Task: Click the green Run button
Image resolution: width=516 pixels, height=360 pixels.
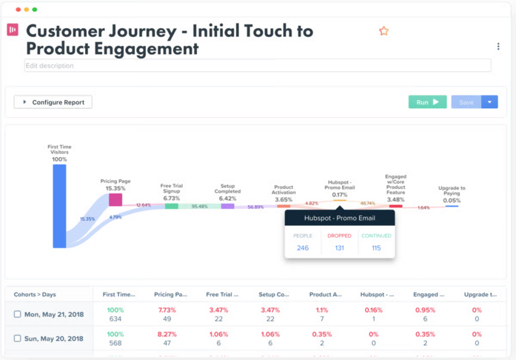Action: click(427, 102)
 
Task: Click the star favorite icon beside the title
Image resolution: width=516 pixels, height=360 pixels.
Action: click(383, 31)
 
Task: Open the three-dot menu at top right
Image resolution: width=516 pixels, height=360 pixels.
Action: click(498, 47)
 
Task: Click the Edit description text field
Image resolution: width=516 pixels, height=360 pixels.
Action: click(257, 66)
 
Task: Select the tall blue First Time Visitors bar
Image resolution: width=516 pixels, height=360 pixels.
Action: click(59, 206)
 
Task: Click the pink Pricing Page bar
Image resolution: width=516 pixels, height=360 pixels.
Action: click(115, 199)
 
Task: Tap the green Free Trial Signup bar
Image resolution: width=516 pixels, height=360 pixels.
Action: click(171, 206)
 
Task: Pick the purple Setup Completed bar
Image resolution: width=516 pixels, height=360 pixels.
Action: click(227, 206)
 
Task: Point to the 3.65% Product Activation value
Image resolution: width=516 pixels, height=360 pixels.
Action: click(284, 199)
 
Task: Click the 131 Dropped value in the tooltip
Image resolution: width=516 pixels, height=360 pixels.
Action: click(339, 248)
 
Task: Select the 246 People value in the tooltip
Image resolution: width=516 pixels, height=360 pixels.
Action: click(303, 248)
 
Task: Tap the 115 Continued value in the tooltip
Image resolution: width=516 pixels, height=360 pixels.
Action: click(376, 248)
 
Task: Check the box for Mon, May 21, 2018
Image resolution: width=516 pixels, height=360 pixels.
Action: click(18, 314)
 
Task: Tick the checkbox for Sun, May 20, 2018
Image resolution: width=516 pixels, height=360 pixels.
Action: click(18, 339)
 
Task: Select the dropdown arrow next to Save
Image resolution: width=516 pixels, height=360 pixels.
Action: click(489, 102)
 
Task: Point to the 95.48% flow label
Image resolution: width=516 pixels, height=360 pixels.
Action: click(199, 207)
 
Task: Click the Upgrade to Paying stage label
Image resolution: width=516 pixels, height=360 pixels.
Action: click(452, 191)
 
